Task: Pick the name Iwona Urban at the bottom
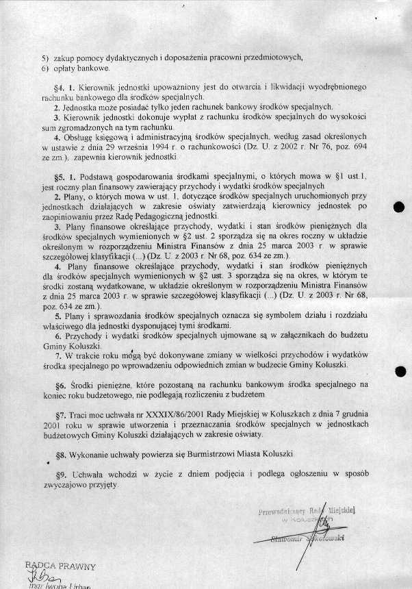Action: pyautogui.click(x=75, y=586)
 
